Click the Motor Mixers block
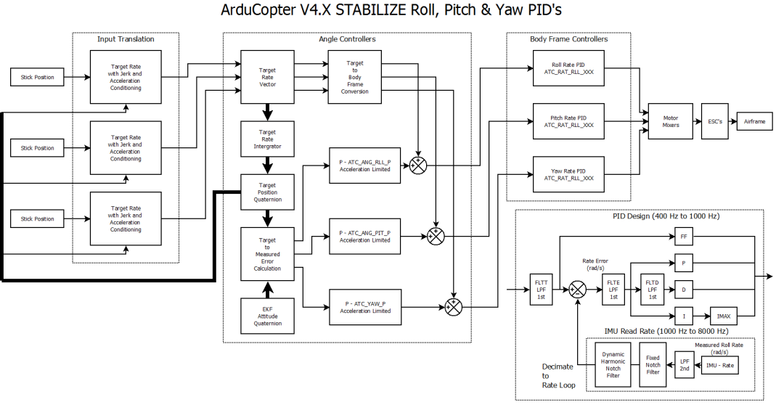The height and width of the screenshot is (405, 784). click(x=671, y=121)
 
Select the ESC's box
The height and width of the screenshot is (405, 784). click(x=715, y=121)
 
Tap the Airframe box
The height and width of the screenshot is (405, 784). click(x=755, y=121)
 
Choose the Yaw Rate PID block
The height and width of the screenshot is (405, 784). click(x=568, y=174)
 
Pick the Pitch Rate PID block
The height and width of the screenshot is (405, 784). click(x=568, y=121)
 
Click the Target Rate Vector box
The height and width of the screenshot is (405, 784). click(x=267, y=77)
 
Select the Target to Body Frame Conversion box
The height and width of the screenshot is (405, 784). click(x=354, y=77)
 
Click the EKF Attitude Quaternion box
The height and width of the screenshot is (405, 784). click(x=267, y=316)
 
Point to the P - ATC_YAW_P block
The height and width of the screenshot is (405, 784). click(x=365, y=307)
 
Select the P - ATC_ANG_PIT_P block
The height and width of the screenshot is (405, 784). click(x=365, y=236)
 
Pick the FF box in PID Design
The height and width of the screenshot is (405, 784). click(x=684, y=237)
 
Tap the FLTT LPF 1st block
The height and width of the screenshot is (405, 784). click(x=542, y=290)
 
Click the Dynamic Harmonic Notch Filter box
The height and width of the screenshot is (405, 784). click(x=613, y=365)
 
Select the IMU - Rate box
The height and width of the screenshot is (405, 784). click(x=720, y=365)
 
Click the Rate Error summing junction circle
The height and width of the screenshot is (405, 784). click(x=577, y=290)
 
